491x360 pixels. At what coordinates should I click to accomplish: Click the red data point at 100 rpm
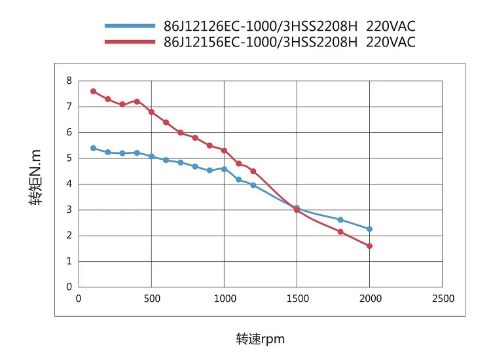coord(93,91)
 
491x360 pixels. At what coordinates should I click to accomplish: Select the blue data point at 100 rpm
coord(93,148)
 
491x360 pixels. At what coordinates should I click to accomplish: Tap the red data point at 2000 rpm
coord(370,246)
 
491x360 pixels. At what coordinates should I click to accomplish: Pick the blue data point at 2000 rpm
coord(370,229)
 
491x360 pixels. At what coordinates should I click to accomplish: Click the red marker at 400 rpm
coord(137,101)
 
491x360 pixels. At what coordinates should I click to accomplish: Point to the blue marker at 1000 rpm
coord(224,169)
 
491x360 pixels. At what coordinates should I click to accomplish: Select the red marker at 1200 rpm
coord(253,171)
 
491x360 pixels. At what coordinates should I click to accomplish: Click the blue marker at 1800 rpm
coord(340,220)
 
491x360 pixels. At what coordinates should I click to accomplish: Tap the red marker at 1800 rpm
coord(340,232)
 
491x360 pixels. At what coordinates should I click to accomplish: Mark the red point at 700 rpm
coord(181,133)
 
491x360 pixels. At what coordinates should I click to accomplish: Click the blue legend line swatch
coord(130,27)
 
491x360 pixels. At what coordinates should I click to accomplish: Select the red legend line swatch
coord(130,42)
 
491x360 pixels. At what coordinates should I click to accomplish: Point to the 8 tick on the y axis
coord(69,81)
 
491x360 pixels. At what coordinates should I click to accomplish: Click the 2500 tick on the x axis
coord(443,298)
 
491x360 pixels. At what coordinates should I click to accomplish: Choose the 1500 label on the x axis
coord(297,298)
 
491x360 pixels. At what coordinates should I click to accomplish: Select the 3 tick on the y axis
coord(69,209)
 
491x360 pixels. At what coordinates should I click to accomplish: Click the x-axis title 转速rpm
coord(261,339)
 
